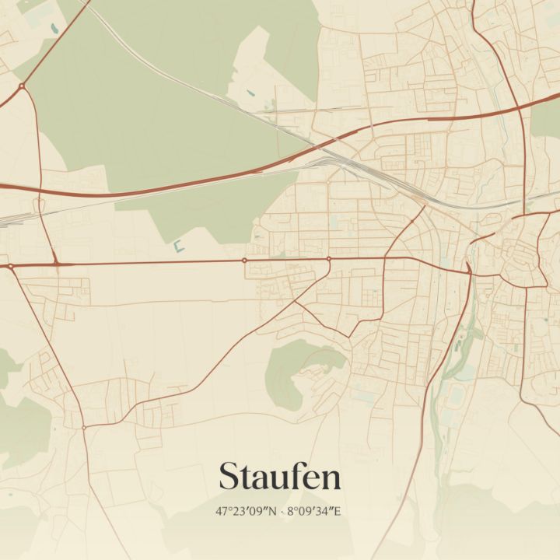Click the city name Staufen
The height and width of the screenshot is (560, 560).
[279, 476]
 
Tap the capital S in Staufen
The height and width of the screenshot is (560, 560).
[228, 476]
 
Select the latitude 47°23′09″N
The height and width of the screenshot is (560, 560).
[247, 512]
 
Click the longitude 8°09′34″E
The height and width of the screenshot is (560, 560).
[316, 512]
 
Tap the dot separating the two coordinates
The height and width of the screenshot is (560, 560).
[282, 512]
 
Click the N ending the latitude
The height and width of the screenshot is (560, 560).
[273, 512]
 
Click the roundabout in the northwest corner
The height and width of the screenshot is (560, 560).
[22, 86]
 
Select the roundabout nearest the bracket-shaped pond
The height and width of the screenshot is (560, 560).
[244, 260]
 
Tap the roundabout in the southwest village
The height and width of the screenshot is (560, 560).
[84, 427]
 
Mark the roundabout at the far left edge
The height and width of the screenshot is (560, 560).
[11, 267]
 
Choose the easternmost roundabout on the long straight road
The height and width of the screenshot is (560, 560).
[329, 258]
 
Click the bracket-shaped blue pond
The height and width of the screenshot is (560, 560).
[178, 247]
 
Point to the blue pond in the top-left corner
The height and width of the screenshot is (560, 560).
[54, 29]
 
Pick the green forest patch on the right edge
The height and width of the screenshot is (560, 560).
[547, 117]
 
